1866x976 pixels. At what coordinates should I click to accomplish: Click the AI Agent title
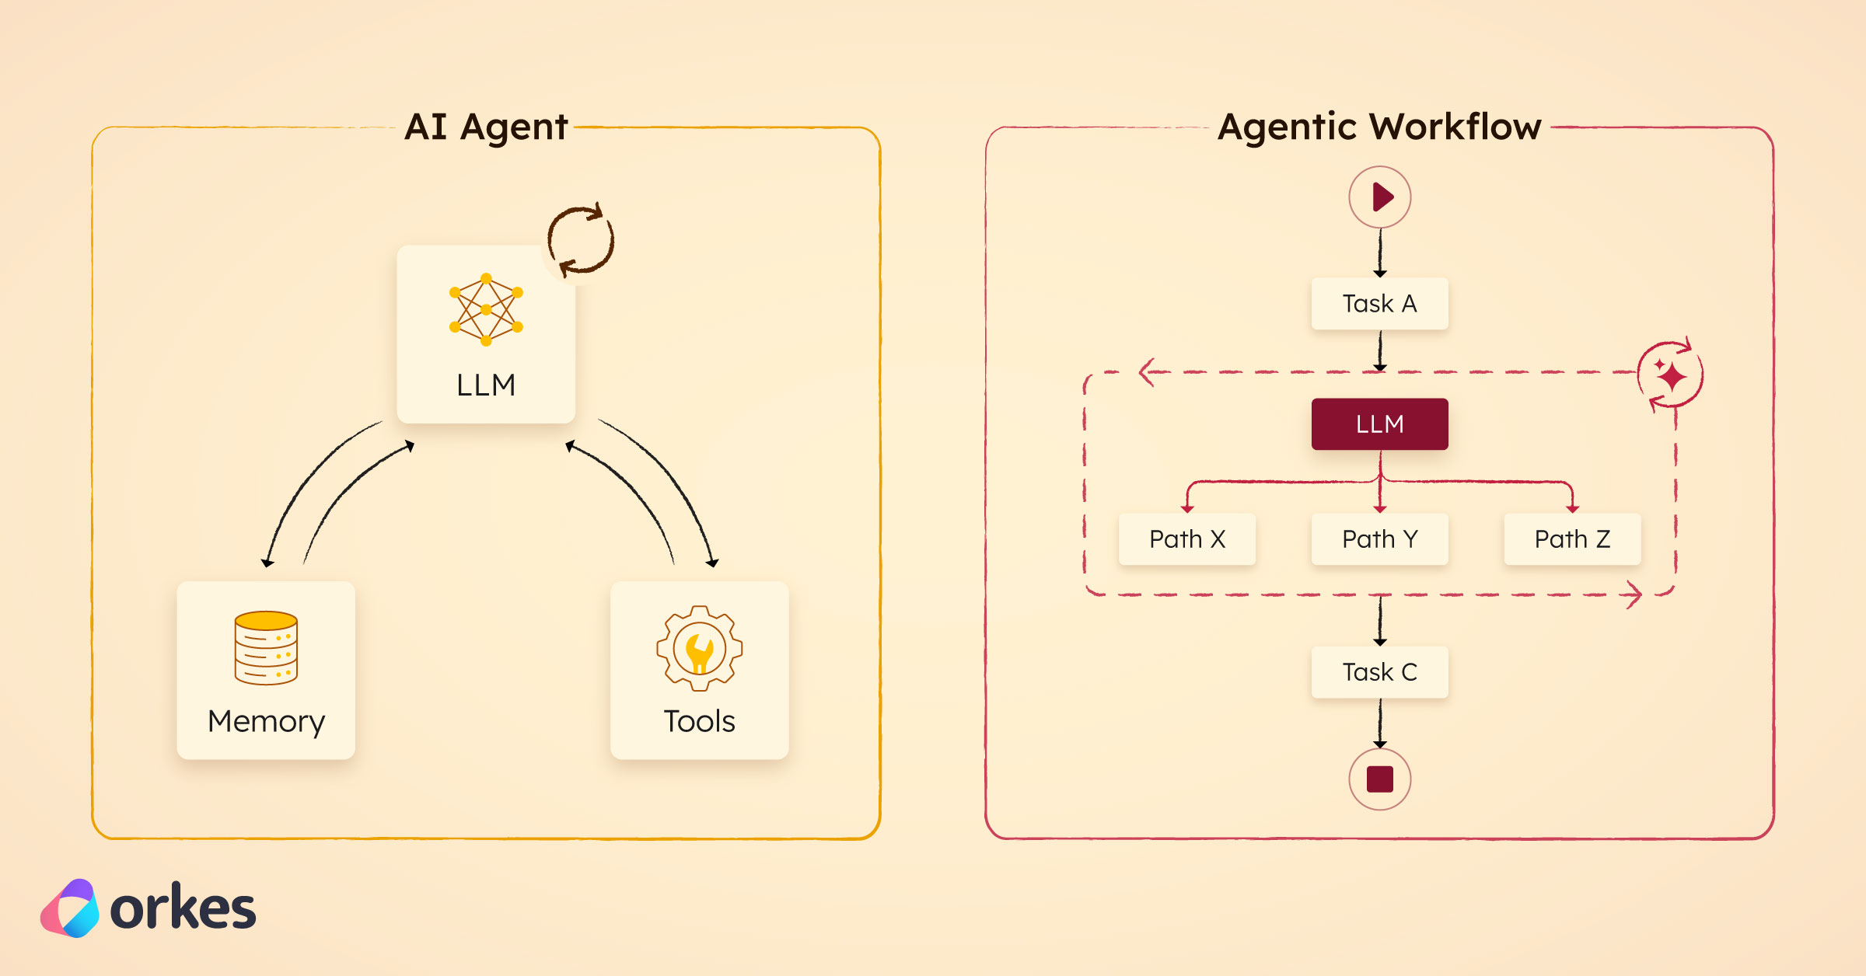[x=486, y=127]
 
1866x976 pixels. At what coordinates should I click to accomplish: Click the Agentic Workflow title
[x=1379, y=127]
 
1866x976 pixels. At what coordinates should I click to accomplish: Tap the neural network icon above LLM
[x=486, y=309]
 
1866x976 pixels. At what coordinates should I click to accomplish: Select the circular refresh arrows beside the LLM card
[x=581, y=239]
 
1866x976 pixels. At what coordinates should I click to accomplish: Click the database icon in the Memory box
[x=266, y=647]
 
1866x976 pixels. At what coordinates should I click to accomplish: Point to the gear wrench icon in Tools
[x=699, y=649]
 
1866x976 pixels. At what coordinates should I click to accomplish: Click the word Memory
[x=266, y=722]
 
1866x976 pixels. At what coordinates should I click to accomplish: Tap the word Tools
[x=699, y=721]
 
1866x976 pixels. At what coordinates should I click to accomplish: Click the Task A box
[x=1379, y=303]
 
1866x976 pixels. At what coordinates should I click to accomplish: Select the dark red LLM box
[x=1379, y=424]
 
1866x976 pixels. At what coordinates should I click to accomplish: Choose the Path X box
[x=1186, y=539]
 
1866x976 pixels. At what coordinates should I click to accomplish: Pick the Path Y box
[x=1379, y=539]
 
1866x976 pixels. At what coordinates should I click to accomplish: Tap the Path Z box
[x=1572, y=539]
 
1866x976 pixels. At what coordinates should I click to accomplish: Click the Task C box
[x=1379, y=671]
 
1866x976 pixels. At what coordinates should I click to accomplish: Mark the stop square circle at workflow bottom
[x=1379, y=779]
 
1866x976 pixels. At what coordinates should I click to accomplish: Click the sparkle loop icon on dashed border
[x=1670, y=375]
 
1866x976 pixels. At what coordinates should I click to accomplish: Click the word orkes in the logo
[x=183, y=908]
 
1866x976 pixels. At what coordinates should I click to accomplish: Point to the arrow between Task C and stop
[x=1380, y=723]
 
